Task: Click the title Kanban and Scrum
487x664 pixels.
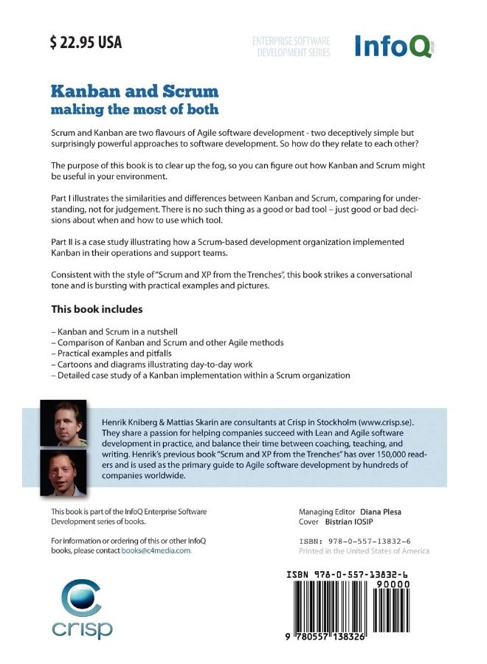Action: (x=134, y=91)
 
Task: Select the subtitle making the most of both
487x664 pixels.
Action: (x=134, y=109)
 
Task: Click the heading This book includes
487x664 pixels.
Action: (x=97, y=308)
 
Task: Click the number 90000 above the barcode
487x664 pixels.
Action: (x=392, y=584)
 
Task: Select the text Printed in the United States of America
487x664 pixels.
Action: (x=364, y=551)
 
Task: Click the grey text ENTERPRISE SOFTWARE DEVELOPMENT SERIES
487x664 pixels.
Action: (x=291, y=47)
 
